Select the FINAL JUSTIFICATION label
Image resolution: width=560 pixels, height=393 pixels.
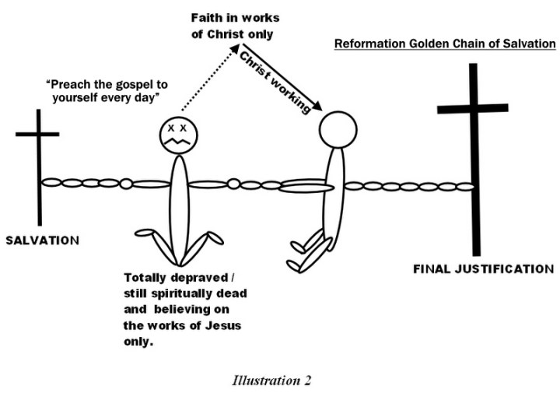(x=483, y=269)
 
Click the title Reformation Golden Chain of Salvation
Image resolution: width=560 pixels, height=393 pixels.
(x=445, y=44)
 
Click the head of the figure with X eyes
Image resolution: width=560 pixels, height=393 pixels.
(x=180, y=134)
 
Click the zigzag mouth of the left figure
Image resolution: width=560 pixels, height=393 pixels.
(x=180, y=142)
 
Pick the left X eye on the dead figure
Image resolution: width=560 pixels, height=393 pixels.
(x=171, y=127)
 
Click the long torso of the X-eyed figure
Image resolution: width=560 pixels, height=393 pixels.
(x=180, y=202)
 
